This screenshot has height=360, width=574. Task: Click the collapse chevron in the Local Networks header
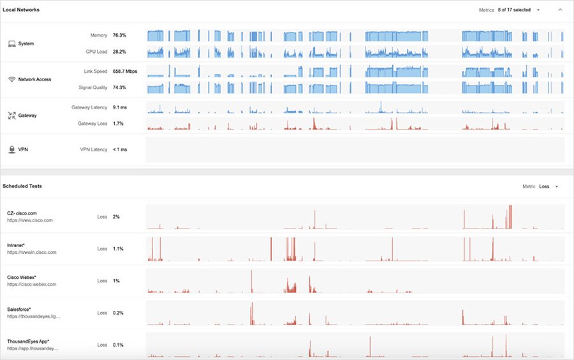[560, 10]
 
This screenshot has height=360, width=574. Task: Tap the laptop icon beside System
[11, 43]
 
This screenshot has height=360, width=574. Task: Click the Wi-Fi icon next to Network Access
[11, 79]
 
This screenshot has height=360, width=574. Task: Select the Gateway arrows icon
[11, 116]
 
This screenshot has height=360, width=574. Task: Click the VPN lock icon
[11, 149]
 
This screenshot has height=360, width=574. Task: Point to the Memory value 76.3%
[119, 35]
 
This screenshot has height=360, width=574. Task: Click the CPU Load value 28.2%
[119, 52]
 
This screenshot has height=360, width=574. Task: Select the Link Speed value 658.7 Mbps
[125, 71]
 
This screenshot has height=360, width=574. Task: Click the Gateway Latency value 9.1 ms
[121, 108]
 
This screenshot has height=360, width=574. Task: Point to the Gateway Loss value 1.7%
[118, 123]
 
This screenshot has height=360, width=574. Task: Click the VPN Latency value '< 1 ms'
[120, 149]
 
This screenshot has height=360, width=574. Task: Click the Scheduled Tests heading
[22, 186]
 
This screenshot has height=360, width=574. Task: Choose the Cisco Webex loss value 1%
[116, 281]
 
